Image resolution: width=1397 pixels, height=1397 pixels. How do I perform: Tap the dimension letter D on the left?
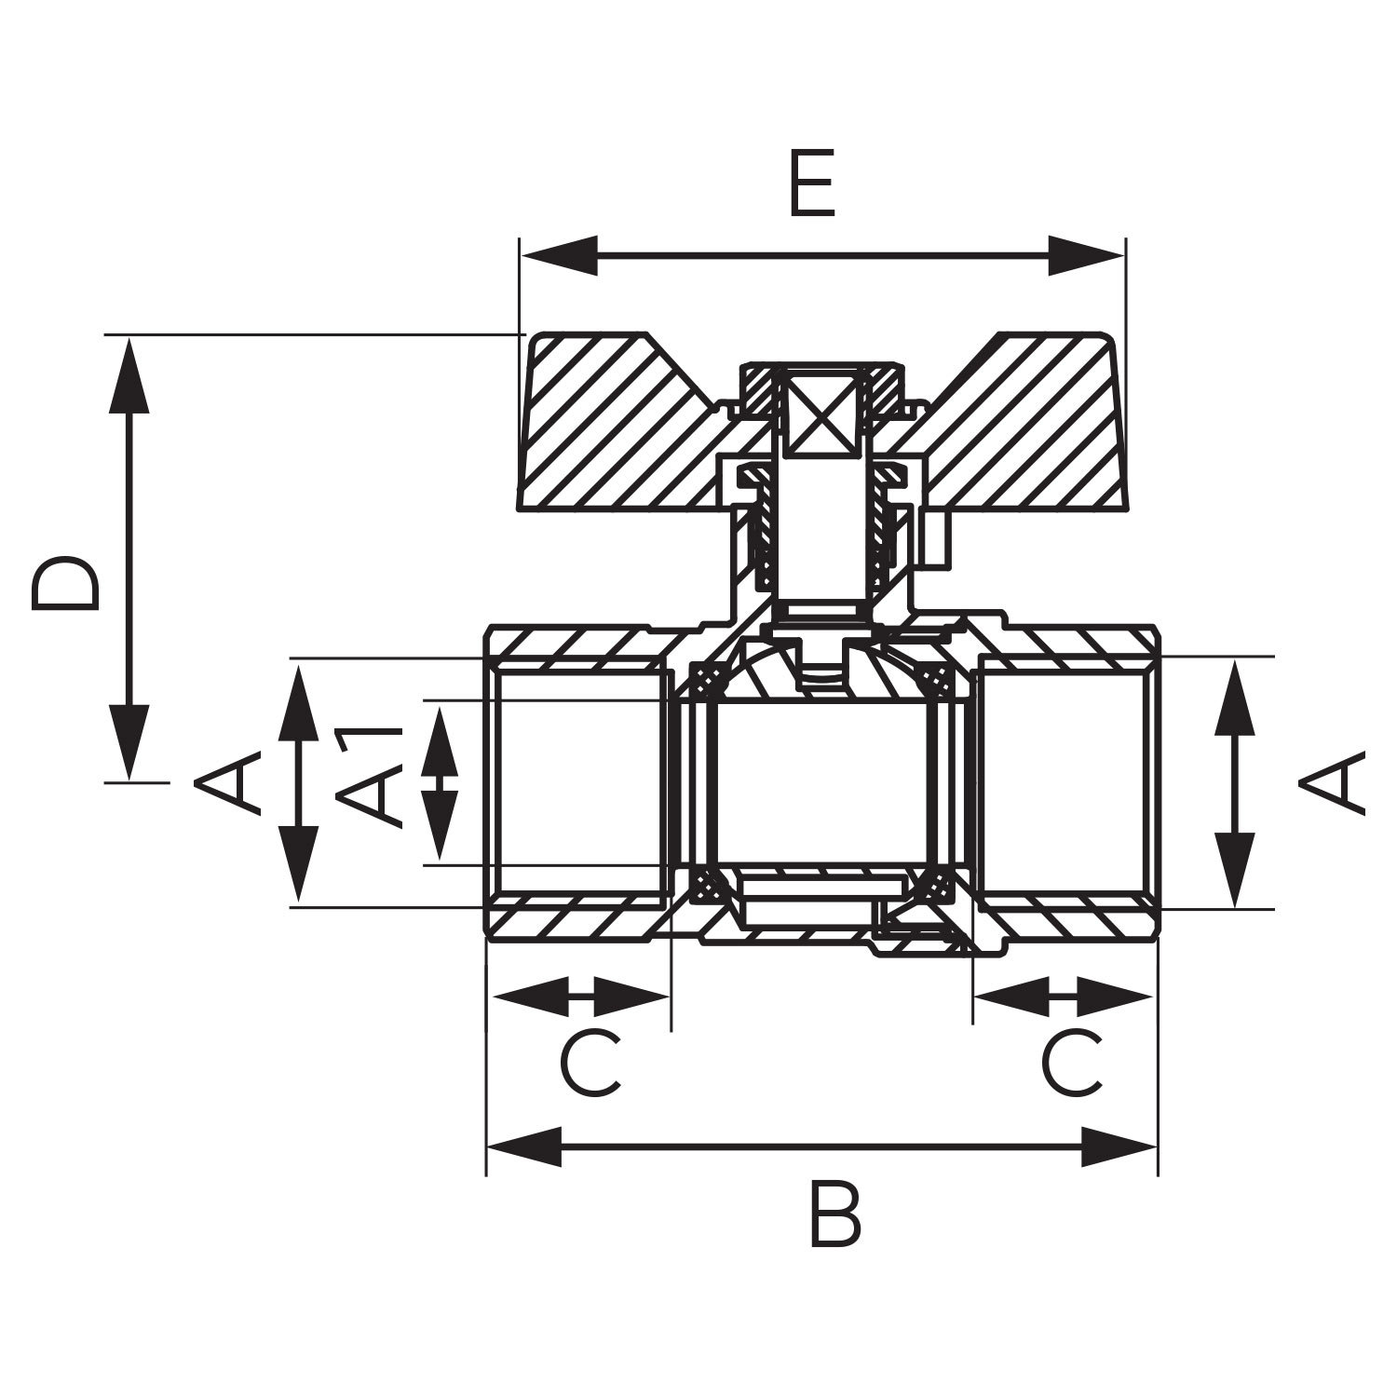pos(64,584)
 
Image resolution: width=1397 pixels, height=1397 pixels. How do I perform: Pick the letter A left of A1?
pos(226,782)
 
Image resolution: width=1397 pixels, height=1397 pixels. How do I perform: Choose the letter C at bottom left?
pos(590,1063)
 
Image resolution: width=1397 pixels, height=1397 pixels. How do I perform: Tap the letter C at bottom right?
pos(1071,1063)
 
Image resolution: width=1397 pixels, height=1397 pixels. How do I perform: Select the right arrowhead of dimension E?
pos(1087,255)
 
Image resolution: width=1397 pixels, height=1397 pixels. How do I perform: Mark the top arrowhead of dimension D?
pos(129,374)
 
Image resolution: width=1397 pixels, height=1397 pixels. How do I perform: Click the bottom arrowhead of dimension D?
pos(129,741)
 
